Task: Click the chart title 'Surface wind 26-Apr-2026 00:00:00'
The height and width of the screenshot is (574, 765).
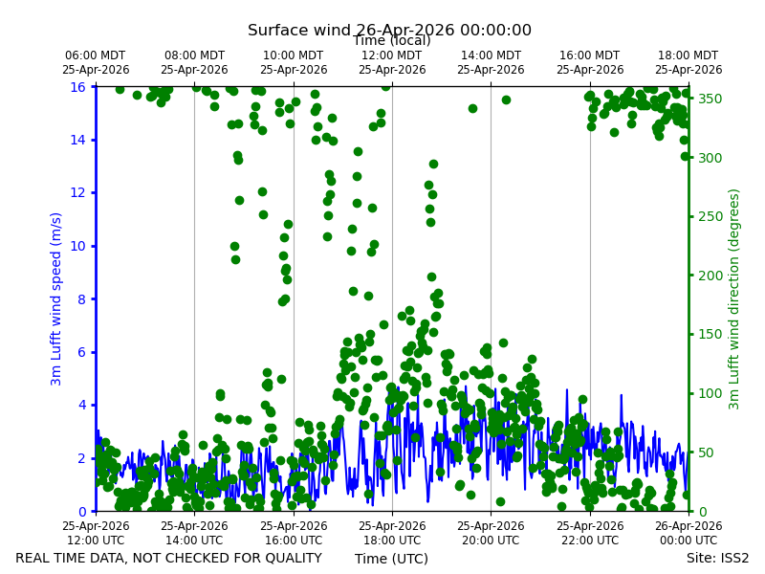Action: pyautogui.click(x=389, y=30)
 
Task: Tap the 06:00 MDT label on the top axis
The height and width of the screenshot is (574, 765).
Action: pyautogui.click(x=96, y=62)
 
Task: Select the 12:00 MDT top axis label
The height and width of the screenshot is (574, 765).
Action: pyautogui.click(x=392, y=62)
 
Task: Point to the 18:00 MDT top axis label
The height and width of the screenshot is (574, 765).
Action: pyautogui.click(x=688, y=62)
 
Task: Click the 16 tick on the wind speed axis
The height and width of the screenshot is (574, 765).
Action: pyautogui.click(x=77, y=87)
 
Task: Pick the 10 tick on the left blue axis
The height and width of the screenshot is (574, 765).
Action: pyautogui.click(x=77, y=246)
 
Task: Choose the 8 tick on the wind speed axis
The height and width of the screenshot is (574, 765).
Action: pyautogui.click(x=81, y=299)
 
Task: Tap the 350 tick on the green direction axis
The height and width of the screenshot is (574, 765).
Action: pyautogui.click(x=710, y=99)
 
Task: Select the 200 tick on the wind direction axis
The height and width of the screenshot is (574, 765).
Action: pyautogui.click(x=710, y=276)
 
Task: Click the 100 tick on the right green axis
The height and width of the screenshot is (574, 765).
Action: pyautogui.click(x=710, y=393)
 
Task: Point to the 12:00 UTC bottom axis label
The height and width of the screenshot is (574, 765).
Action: pyautogui.click(x=96, y=533)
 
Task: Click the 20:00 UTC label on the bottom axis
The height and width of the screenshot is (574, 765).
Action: pyautogui.click(x=491, y=533)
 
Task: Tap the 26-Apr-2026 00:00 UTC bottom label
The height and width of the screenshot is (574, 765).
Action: pyautogui.click(x=688, y=533)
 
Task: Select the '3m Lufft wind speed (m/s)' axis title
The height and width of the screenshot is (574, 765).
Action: pyautogui.click(x=56, y=298)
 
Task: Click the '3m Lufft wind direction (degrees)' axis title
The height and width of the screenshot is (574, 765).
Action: pyautogui.click(x=733, y=299)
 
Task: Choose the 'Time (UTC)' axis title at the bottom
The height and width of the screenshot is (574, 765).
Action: pyautogui.click(x=391, y=559)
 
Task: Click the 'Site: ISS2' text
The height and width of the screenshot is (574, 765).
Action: pyautogui.click(x=718, y=558)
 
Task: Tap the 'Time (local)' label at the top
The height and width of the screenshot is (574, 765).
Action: pyautogui.click(x=392, y=40)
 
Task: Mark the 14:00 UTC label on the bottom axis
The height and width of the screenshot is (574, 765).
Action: pyautogui.click(x=194, y=533)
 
